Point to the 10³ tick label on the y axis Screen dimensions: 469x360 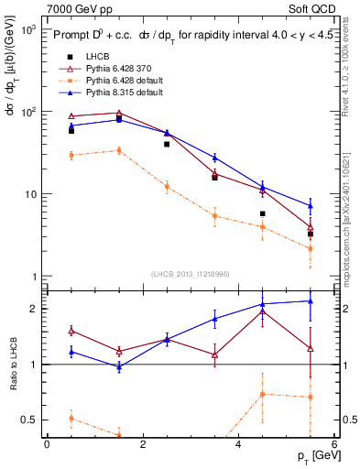tap(27, 30)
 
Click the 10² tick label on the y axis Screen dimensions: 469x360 tap(27, 112)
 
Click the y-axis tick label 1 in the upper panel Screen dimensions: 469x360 tap(32, 277)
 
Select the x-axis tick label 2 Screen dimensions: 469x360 tap(143, 444)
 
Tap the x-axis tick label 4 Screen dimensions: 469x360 tap(238, 444)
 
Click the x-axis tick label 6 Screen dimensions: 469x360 tap(334, 444)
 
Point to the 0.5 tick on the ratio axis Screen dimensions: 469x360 tap(27, 420)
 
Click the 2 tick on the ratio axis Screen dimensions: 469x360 tap(32, 309)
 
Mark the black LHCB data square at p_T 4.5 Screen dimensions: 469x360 tap(262, 213)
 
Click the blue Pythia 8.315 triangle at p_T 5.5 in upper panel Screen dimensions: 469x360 tap(311, 205)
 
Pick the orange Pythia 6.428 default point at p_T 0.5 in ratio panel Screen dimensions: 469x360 tap(71, 418)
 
